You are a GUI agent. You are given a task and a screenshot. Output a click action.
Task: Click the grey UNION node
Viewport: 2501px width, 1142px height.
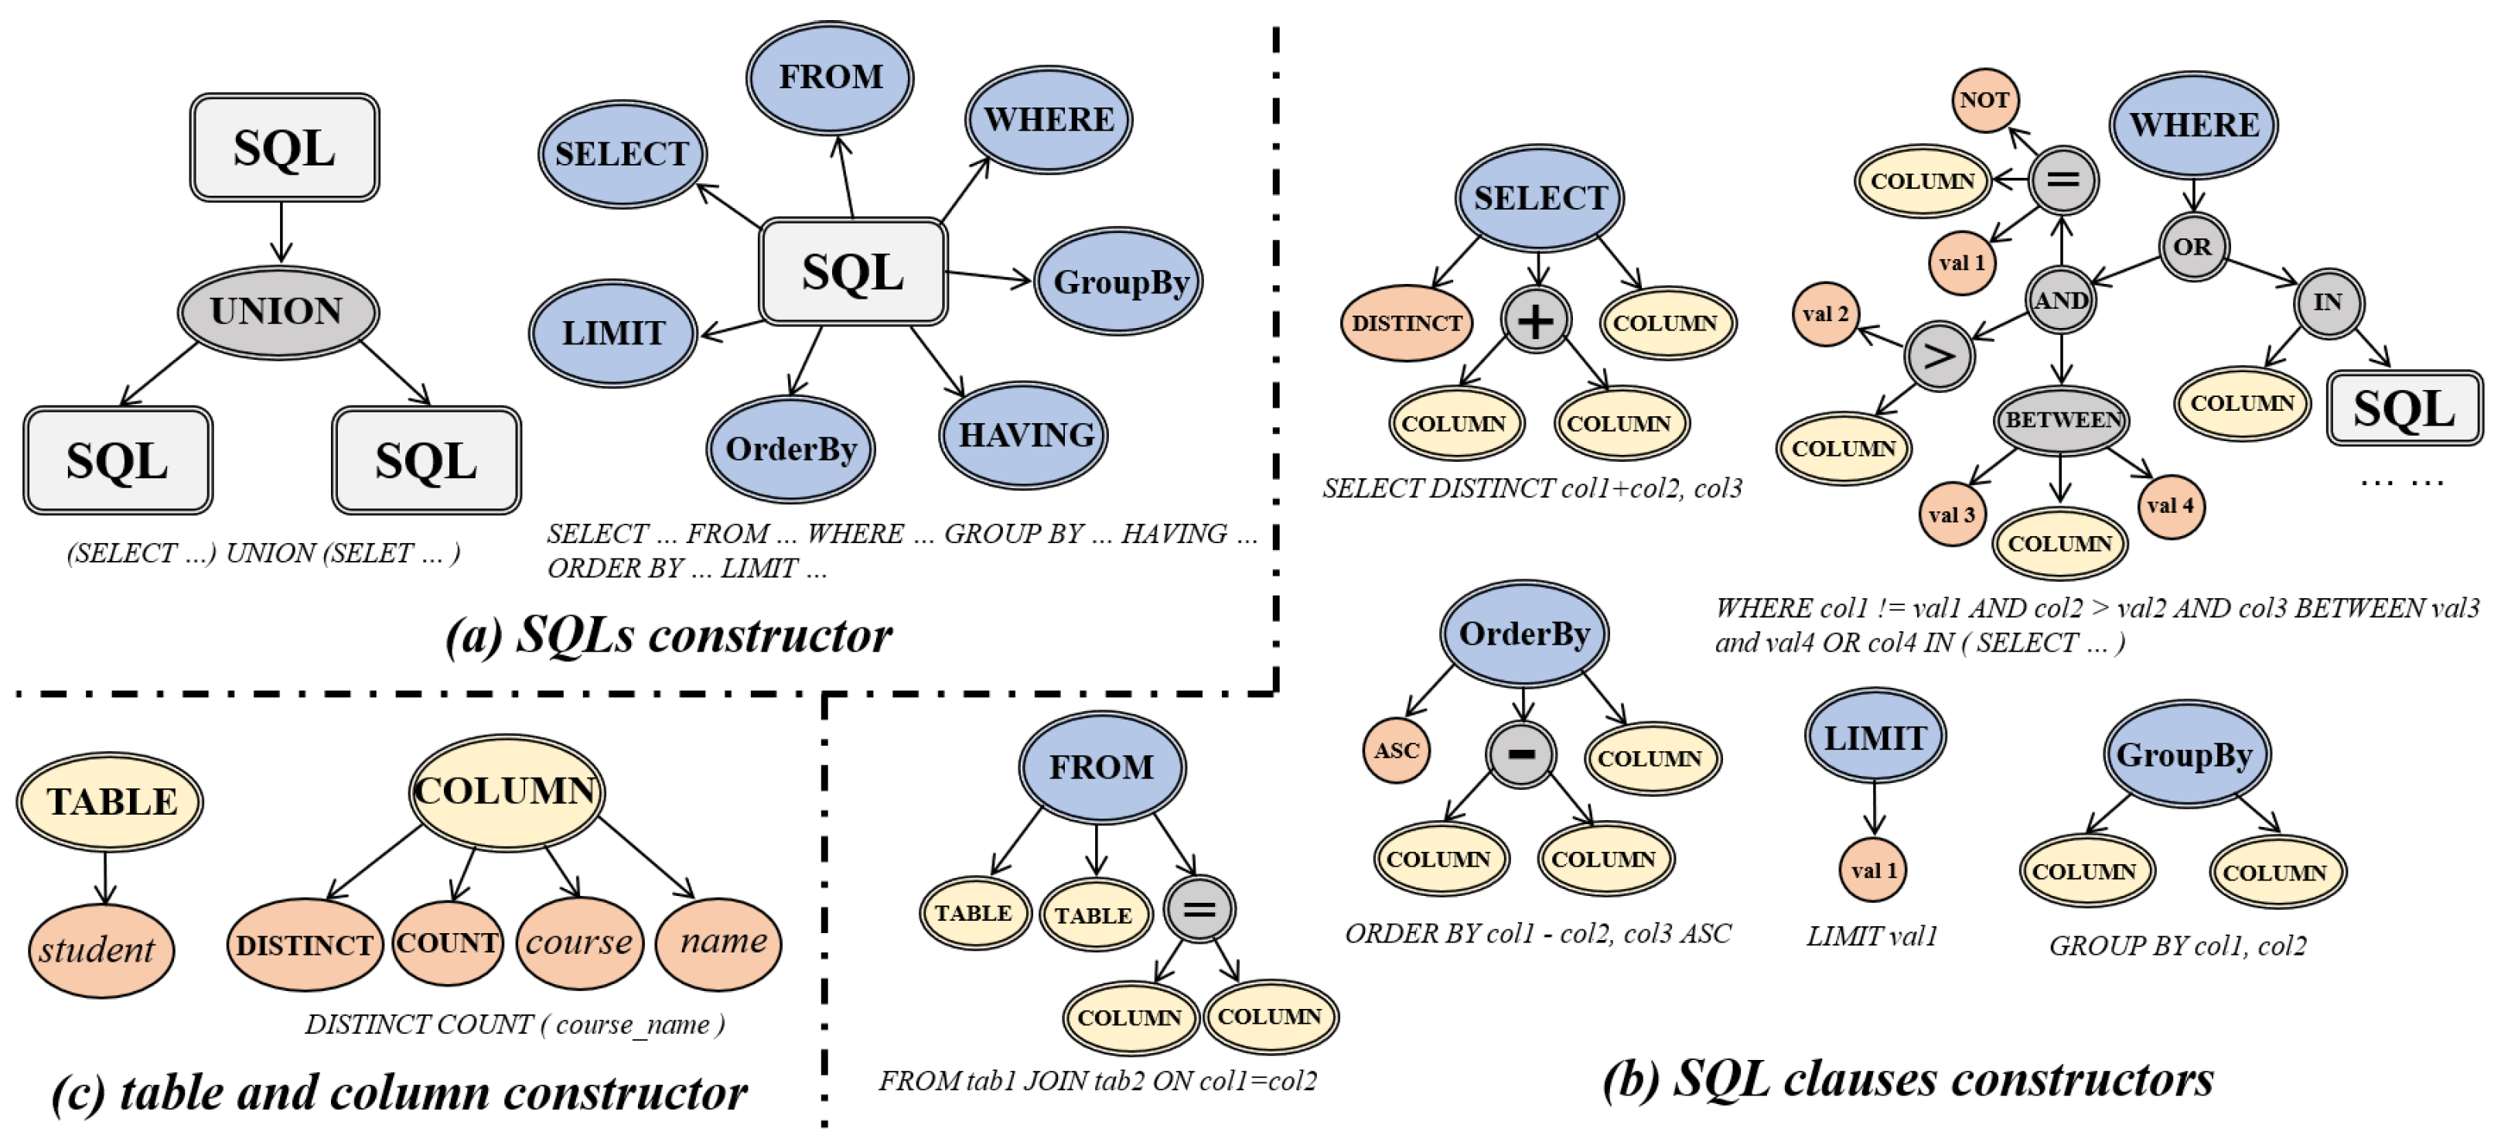point(278,312)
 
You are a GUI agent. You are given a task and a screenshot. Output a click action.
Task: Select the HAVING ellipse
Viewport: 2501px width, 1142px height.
point(1024,435)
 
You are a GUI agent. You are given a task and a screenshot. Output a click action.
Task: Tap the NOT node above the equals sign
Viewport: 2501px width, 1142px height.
point(1984,100)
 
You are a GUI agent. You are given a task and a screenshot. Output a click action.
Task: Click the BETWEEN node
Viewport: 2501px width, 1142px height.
point(2061,419)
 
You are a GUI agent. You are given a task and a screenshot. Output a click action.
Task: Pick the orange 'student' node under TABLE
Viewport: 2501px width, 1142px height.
point(100,949)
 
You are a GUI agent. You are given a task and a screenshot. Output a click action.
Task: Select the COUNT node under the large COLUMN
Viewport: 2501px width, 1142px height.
point(448,943)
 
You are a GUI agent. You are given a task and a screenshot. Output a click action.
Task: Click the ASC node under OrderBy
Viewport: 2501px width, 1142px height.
point(1396,750)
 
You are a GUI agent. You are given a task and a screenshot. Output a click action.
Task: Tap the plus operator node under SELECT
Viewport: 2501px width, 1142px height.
point(1535,320)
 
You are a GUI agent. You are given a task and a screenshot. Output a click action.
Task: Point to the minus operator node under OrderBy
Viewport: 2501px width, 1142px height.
point(1520,754)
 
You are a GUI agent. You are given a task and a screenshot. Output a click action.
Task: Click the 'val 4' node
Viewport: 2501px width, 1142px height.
point(2170,505)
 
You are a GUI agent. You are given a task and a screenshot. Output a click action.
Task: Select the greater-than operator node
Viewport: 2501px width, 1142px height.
point(1938,357)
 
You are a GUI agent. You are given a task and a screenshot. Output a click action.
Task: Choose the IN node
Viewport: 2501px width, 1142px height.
point(2327,303)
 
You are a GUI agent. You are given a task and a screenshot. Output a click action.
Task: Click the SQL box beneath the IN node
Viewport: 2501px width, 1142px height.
point(2403,409)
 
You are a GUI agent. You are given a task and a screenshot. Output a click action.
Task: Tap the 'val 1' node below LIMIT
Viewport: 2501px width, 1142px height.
point(1873,870)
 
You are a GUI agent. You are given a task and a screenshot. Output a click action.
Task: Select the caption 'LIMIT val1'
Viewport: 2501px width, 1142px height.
point(1871,936)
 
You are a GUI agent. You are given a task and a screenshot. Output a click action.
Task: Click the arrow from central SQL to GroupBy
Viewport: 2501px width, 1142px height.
point(988,277)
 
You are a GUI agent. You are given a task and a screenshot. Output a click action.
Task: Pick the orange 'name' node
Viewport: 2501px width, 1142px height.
point(719,942)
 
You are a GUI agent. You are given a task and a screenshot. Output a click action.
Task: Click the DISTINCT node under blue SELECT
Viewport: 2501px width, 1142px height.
point(1406,323)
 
